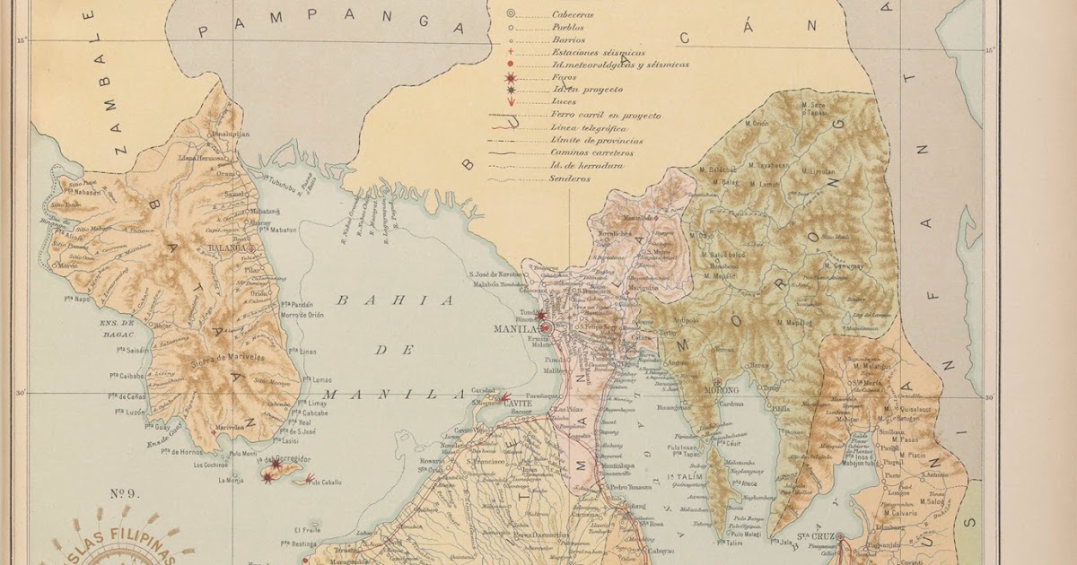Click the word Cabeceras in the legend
573,14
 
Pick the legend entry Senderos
570,178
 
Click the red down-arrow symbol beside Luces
511,102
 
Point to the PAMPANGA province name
331,26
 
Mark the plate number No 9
123,491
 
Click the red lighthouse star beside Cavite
504,396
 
